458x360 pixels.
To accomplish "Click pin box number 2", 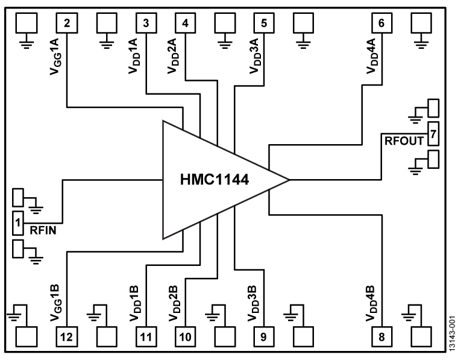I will pos(66,24).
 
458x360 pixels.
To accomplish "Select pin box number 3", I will pos(146,24).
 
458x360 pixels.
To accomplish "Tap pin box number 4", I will pos(185,24).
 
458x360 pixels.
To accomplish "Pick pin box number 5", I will pos(263,24).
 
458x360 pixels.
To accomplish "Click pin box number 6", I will pos(381,24).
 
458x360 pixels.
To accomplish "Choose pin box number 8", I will pos(381,336).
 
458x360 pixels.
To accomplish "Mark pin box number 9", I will pos(263,336).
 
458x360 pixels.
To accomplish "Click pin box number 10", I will pos(185,336).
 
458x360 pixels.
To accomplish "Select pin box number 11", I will pos(146,336).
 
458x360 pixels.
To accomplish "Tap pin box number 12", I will pos(66,336).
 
